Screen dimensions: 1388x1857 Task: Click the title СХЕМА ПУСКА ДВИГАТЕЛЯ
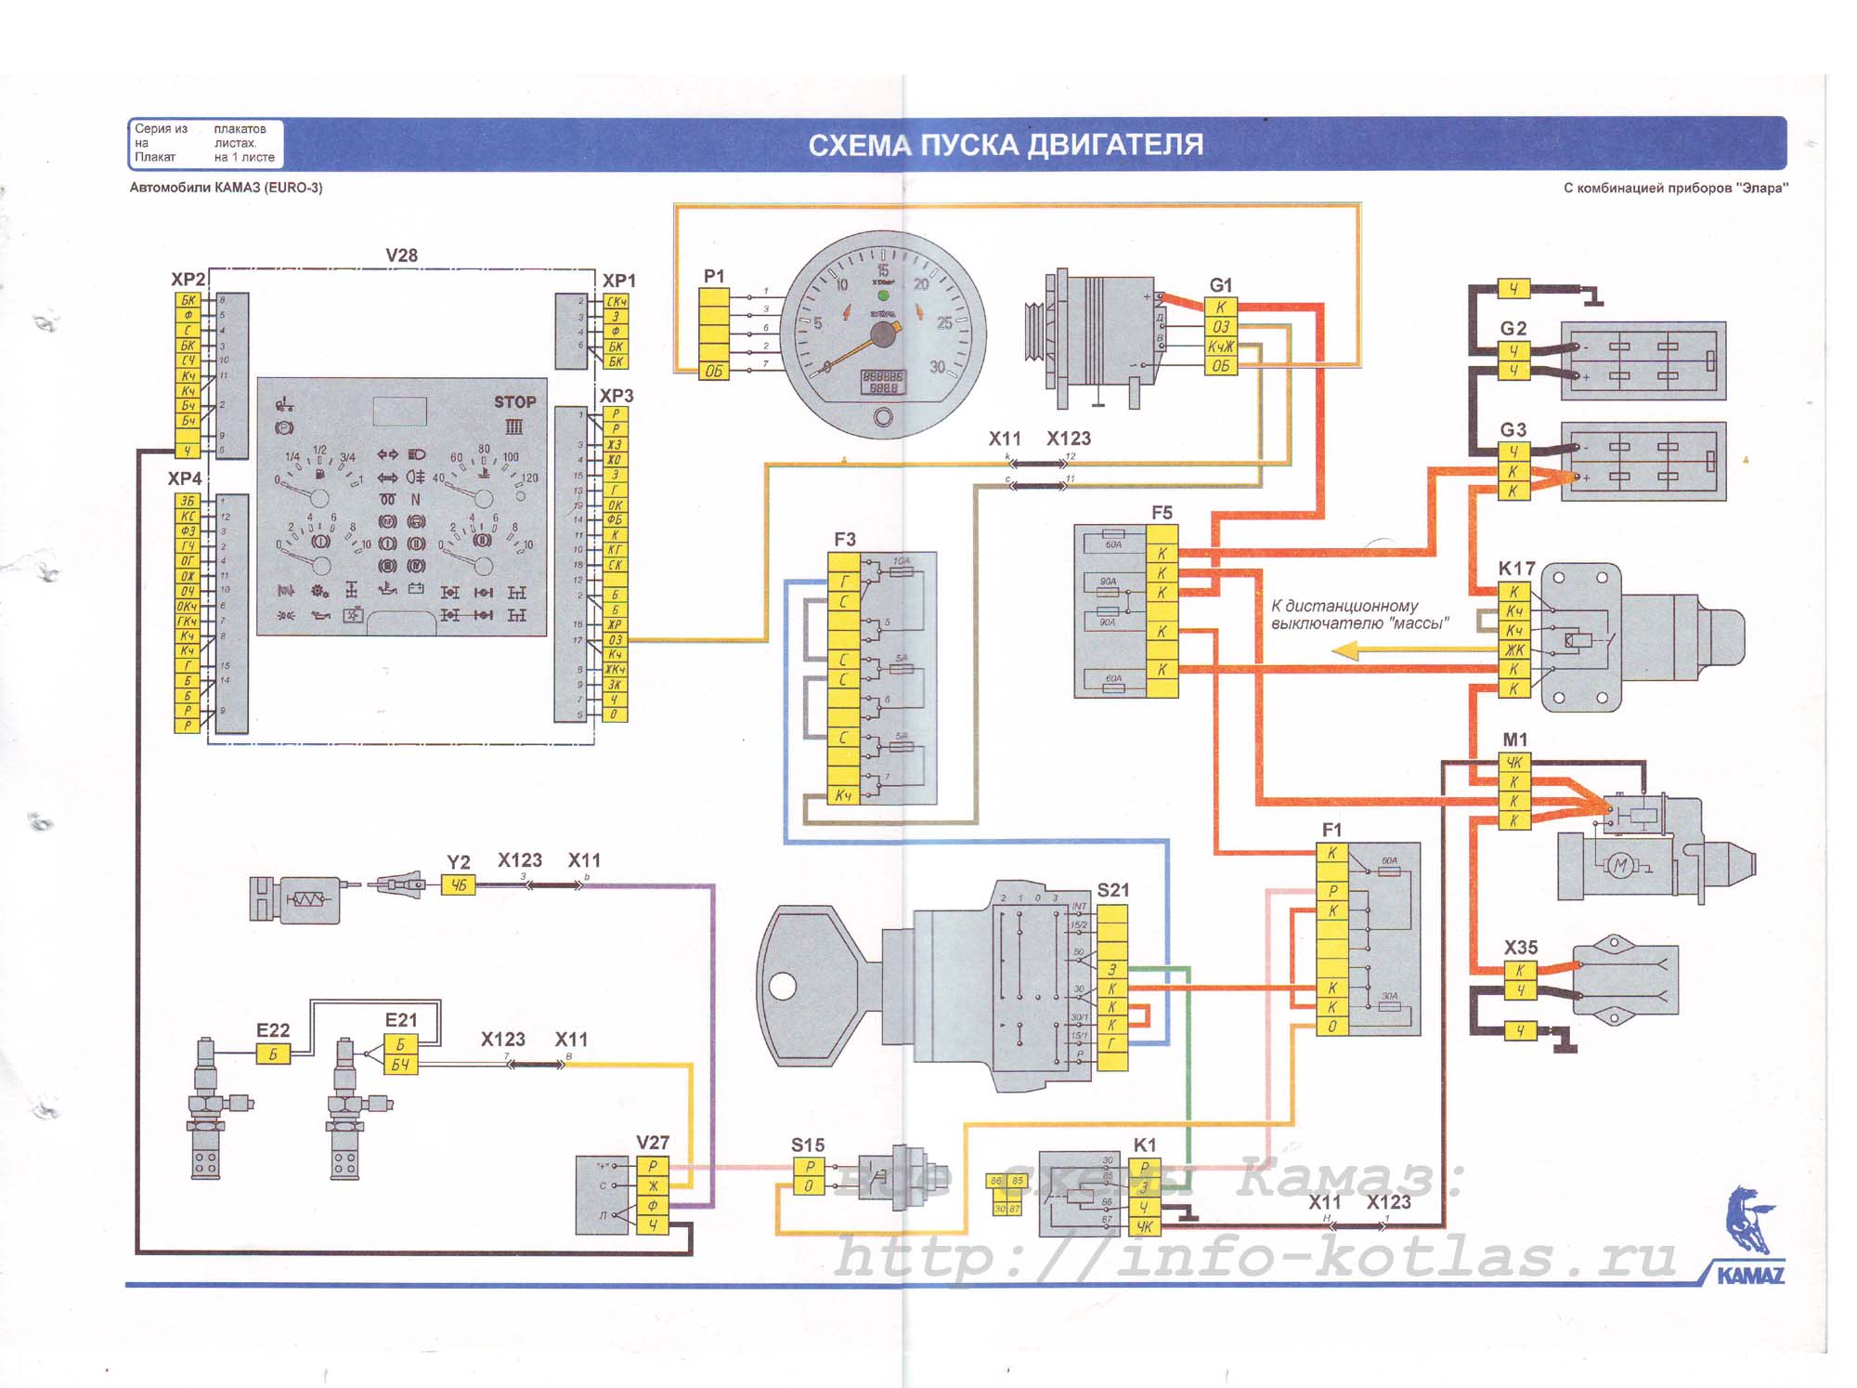click(x=1006, y=145)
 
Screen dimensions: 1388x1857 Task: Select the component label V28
click(x=401, y=255)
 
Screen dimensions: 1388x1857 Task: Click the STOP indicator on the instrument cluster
click(x=514, y=402)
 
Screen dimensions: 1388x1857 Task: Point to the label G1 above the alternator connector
click(x=1220, y=285)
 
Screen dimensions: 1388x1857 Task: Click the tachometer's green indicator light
click(x=883, y=295)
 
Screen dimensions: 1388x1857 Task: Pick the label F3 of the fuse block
click(x=844, y=539)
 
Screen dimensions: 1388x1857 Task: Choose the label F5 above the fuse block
click(x=1162, y=513)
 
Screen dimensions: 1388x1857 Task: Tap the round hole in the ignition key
click(x=783, y=985)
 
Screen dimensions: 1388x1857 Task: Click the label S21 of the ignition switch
click(x=1112, y=890)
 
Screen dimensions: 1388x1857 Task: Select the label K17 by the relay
click(x=1516, y=569)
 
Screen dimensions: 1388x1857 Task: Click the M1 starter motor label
click(x=1514, y=740)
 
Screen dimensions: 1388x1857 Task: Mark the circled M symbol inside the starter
click(x=1620, y=866)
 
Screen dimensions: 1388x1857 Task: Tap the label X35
click(x=1520, y=948)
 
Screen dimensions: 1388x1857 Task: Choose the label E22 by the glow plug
click(x=273, y=1030)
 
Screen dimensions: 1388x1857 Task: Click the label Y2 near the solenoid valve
click(x=458, y=862)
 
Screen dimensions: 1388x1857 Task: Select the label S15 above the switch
click(x=807, y=1146)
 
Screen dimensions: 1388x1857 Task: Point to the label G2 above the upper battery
click(x=1513, y=329)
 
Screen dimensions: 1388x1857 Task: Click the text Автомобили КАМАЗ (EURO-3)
click(x=226, y=188)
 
